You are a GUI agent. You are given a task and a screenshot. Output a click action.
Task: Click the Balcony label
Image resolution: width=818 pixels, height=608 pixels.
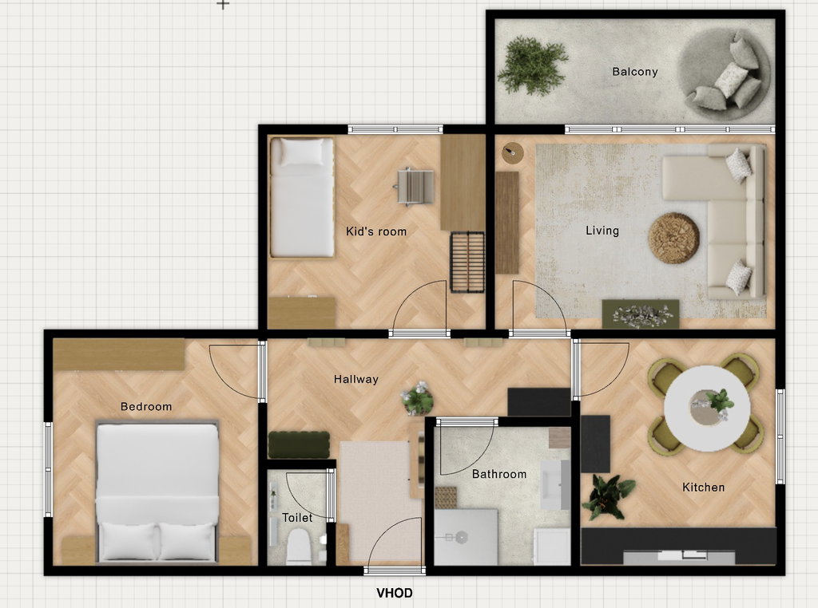(x=634, y=72)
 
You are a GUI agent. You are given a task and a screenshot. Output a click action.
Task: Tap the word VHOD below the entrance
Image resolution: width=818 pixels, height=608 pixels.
(x=395, y=593)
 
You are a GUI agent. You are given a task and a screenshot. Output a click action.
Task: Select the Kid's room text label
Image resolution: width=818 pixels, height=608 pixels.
(x=376, y=231)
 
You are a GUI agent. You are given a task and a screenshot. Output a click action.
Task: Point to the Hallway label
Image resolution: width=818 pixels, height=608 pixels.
(x=355, y=379)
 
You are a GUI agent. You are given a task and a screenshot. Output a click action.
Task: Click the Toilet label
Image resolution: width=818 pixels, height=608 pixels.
(x=297, y=517)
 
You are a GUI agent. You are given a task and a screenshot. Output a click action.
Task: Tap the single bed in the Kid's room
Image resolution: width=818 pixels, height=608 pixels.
(x=302, y=197)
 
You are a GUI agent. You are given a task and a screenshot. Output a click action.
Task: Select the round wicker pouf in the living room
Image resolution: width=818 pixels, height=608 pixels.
(x=673, y=238)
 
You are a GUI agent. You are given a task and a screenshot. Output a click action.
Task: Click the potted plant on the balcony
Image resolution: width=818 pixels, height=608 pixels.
(x=531, y=65)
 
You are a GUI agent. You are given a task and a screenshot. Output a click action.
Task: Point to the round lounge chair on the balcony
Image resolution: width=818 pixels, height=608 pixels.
(x=724, y=74)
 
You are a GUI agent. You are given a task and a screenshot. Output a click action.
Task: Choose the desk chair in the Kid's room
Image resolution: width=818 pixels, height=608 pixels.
(x=415, y=187)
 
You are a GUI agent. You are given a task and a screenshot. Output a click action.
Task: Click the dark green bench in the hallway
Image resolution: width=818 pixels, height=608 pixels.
(x=299, y=445)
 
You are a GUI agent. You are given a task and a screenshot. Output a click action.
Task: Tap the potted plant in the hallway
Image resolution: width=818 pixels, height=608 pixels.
(x=417, y=399)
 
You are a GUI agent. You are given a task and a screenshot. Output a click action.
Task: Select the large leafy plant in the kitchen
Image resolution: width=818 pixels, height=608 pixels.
(x=608, y=496)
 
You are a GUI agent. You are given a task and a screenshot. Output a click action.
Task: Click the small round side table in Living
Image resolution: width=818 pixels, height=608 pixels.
(x=512, y=153)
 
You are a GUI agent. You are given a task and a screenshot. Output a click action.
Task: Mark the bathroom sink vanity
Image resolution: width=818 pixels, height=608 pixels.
(x=555, y=484)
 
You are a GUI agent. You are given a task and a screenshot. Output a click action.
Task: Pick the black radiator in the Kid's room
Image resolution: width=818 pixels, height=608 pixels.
(x=467, y=262)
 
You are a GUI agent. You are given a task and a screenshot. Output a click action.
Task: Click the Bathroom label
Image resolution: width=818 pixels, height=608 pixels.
(x=499, y=474)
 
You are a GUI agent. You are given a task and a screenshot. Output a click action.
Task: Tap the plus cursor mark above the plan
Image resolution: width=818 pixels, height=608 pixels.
(x=223, y=4)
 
